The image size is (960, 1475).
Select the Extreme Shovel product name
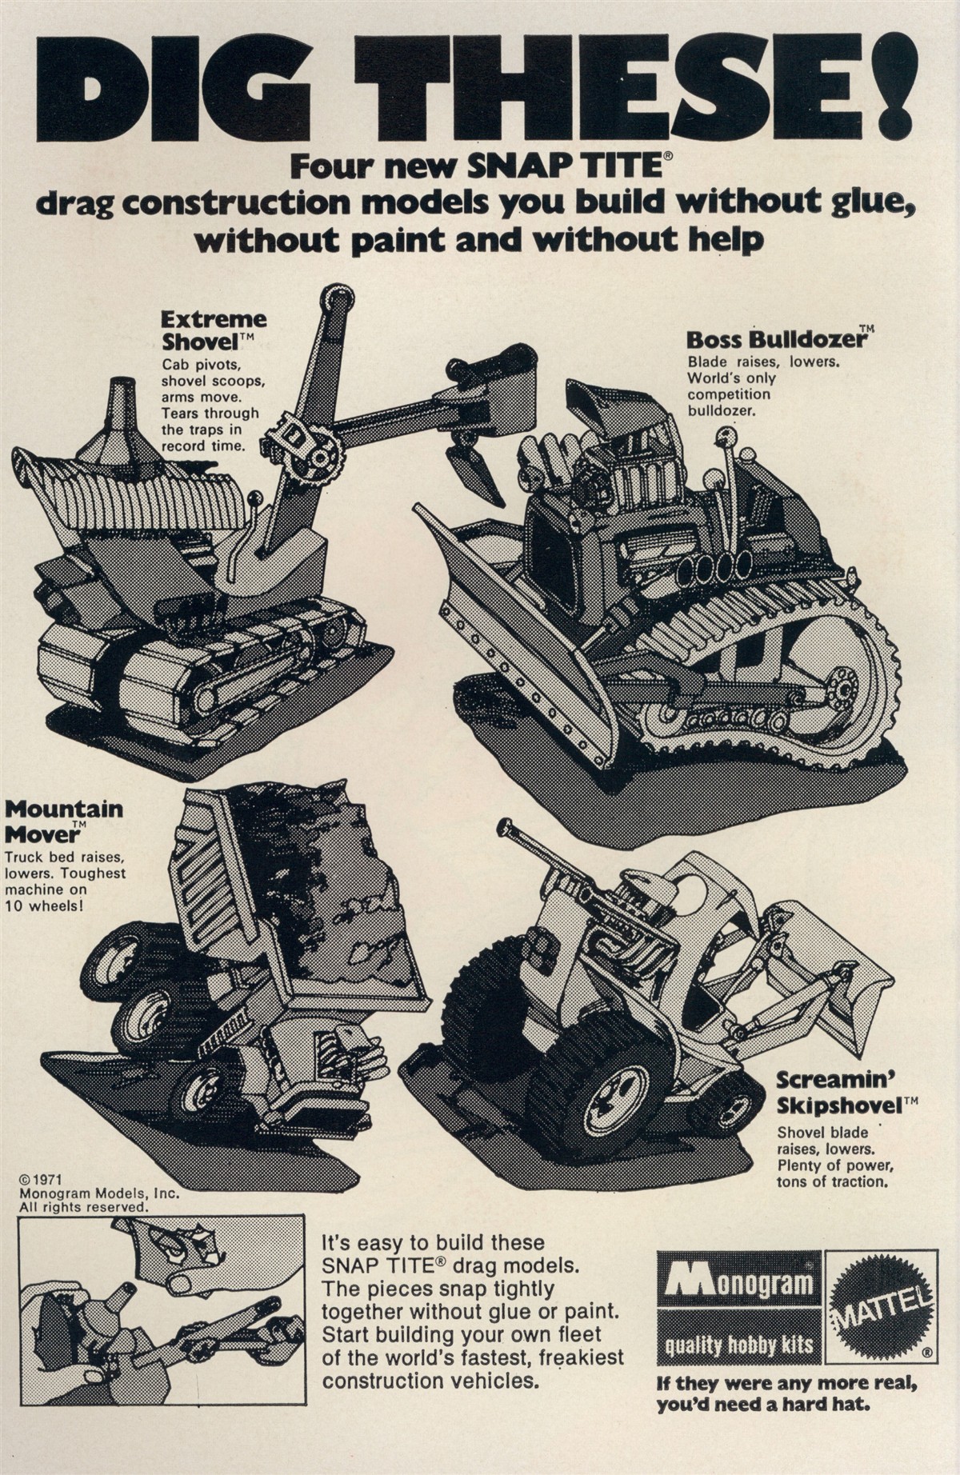click(213, 330)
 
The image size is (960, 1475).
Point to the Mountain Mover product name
click(64, 821)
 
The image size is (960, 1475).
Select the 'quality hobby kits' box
click(738, 1345)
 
